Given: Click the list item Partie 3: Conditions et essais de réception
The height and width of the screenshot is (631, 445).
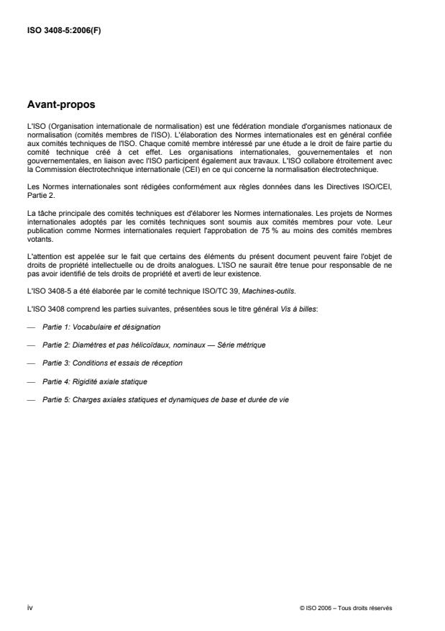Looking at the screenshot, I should [111, 363].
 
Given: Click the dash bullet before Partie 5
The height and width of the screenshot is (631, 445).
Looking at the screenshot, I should [31, 399].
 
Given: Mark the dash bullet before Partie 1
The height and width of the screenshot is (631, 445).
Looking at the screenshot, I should [31, 327].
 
